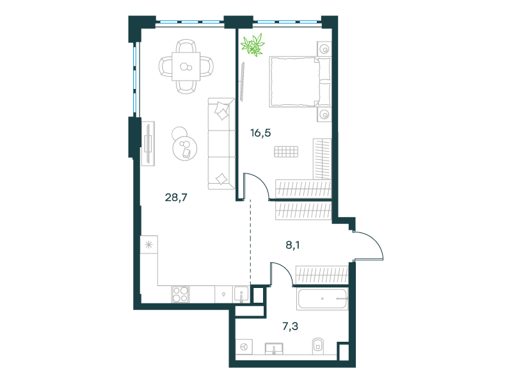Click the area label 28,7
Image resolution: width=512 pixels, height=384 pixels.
tap(176, 197)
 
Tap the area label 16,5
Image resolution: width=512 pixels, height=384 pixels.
tap(260, 133)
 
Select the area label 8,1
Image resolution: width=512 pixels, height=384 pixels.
tap(292, 245)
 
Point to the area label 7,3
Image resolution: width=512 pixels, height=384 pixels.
tap(291, 326)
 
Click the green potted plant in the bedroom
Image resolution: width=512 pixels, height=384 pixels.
tap(253, 45)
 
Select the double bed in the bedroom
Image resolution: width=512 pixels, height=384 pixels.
tap(300, 82)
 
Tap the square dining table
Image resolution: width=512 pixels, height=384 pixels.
tap(186, 67)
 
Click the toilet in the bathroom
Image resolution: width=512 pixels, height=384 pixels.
tap(317, 346)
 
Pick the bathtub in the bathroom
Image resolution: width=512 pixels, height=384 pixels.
tap(323, 299)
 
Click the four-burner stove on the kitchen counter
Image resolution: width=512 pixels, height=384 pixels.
tap(180, 294)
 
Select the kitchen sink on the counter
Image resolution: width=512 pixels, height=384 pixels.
tap(241, 294)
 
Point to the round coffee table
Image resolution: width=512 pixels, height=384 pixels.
tap(185, 148)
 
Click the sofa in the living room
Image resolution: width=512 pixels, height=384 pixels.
tap(221, 143)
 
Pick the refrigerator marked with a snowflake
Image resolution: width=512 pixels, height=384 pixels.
tap(149, 244)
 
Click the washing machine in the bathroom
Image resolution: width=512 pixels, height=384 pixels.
tap(244, 347)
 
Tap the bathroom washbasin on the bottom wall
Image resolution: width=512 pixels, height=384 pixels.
tap(274, 349)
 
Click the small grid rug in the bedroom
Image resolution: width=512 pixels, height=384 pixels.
tap(286, 152)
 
